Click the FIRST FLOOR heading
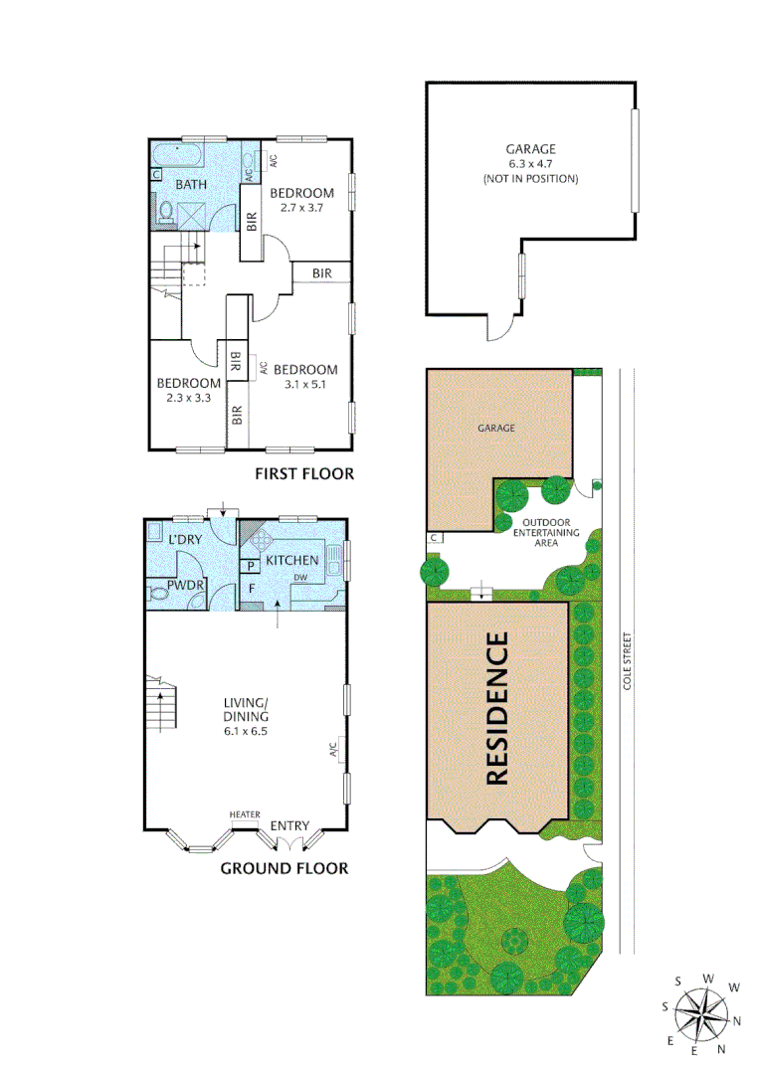304,473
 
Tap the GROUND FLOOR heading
285,868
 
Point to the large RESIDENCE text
498,710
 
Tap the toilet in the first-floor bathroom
167,211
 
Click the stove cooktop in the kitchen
265,541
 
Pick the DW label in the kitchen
298,577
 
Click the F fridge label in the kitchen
252,588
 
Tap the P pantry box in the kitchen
252,566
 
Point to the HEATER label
245,814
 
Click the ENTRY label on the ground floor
289,825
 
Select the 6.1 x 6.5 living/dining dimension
245,730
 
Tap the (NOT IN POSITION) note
531,179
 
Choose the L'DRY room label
185,538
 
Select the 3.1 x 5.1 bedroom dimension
305,384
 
